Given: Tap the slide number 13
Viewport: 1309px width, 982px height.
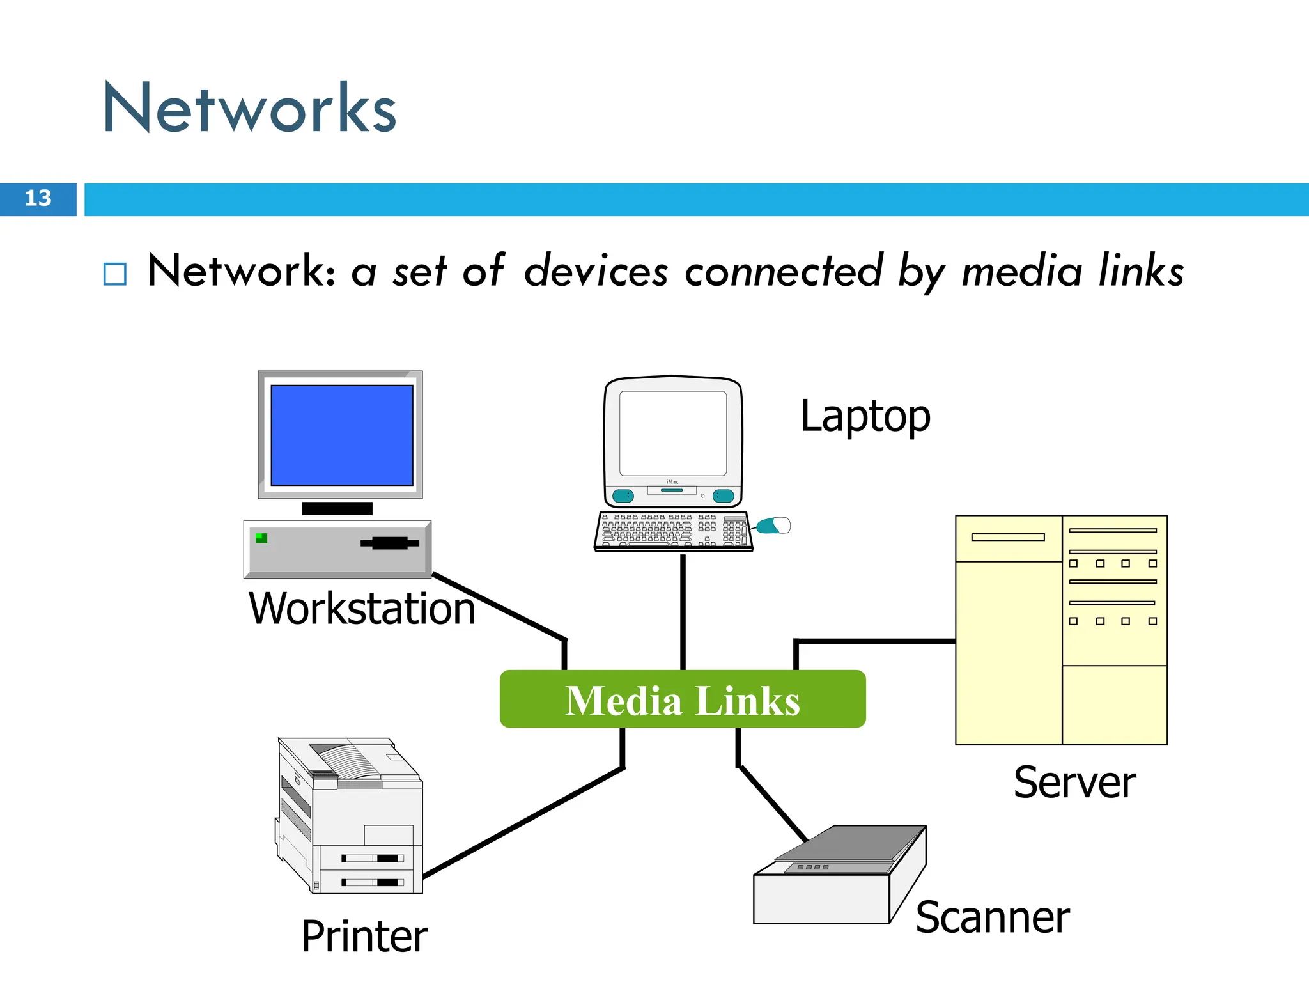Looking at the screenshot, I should click(38, 198).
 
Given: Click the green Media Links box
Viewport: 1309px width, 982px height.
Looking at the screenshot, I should click(682, 699).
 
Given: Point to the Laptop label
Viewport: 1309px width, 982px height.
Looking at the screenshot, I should click(865, 416).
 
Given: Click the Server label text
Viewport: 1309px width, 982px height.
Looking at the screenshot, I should click(1074, 783).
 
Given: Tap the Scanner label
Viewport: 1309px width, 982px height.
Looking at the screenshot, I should click(992, 917).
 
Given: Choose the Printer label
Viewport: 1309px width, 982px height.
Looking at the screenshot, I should click(364, 936).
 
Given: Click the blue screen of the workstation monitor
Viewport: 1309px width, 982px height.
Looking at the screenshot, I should click(342, 435).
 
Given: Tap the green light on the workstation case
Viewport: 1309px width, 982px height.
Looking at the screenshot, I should click(261, 538).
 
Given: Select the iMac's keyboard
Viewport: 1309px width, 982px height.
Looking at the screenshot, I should click(672, 531).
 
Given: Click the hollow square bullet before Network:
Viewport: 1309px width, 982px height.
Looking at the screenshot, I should click(115, 274).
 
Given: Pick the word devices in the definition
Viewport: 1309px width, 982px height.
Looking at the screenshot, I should click(596, 271).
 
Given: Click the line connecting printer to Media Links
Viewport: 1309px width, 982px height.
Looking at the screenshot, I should click(524, 822).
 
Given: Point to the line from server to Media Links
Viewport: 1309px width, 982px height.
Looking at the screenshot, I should click(876, 641).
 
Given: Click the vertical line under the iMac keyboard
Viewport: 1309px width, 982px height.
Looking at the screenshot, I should click(683, 611).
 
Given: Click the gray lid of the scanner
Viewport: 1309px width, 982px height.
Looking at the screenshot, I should click(850, 844).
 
